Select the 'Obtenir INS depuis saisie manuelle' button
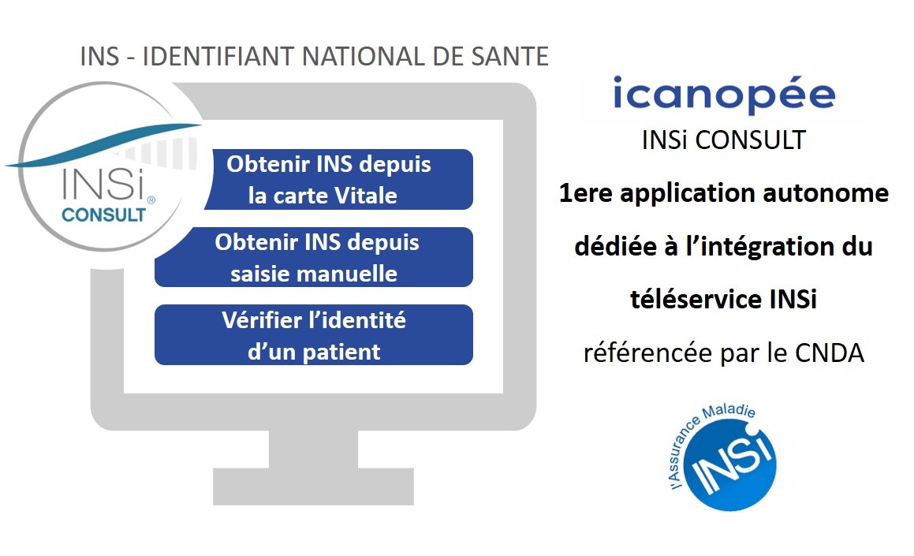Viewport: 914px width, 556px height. [314, 257]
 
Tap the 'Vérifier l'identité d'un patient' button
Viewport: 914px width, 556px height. [314, 334]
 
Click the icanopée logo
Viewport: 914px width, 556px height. [723, 95]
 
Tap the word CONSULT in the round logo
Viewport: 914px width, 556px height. [104, 215]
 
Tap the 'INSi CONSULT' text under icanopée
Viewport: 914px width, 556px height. [723, 140]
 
